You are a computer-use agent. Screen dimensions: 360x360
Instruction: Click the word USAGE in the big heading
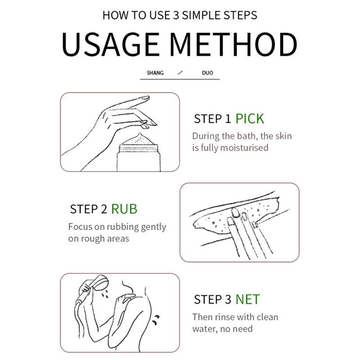pos(110,45)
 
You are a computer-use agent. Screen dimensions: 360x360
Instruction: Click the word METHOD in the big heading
pos(233,45)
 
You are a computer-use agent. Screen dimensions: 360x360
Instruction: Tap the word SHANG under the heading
pos(155,73)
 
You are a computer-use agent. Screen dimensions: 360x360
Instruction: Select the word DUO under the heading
pos(207,73)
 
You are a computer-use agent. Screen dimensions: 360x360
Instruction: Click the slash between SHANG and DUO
pos(180,73)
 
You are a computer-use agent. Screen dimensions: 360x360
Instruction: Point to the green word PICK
pos(250,119)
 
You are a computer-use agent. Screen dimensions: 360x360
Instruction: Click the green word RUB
pos(124,209)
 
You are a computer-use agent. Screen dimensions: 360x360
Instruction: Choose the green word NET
pos(248,299)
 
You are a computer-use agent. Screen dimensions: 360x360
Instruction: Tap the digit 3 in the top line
pos(176,15)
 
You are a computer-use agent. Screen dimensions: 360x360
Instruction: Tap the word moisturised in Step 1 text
pos(244,148)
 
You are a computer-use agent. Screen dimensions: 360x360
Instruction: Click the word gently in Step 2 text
pos(153,227)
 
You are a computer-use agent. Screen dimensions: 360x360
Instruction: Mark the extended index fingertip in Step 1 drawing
pos(147,98)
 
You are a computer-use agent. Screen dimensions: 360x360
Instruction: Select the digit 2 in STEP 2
pos(104,209)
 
